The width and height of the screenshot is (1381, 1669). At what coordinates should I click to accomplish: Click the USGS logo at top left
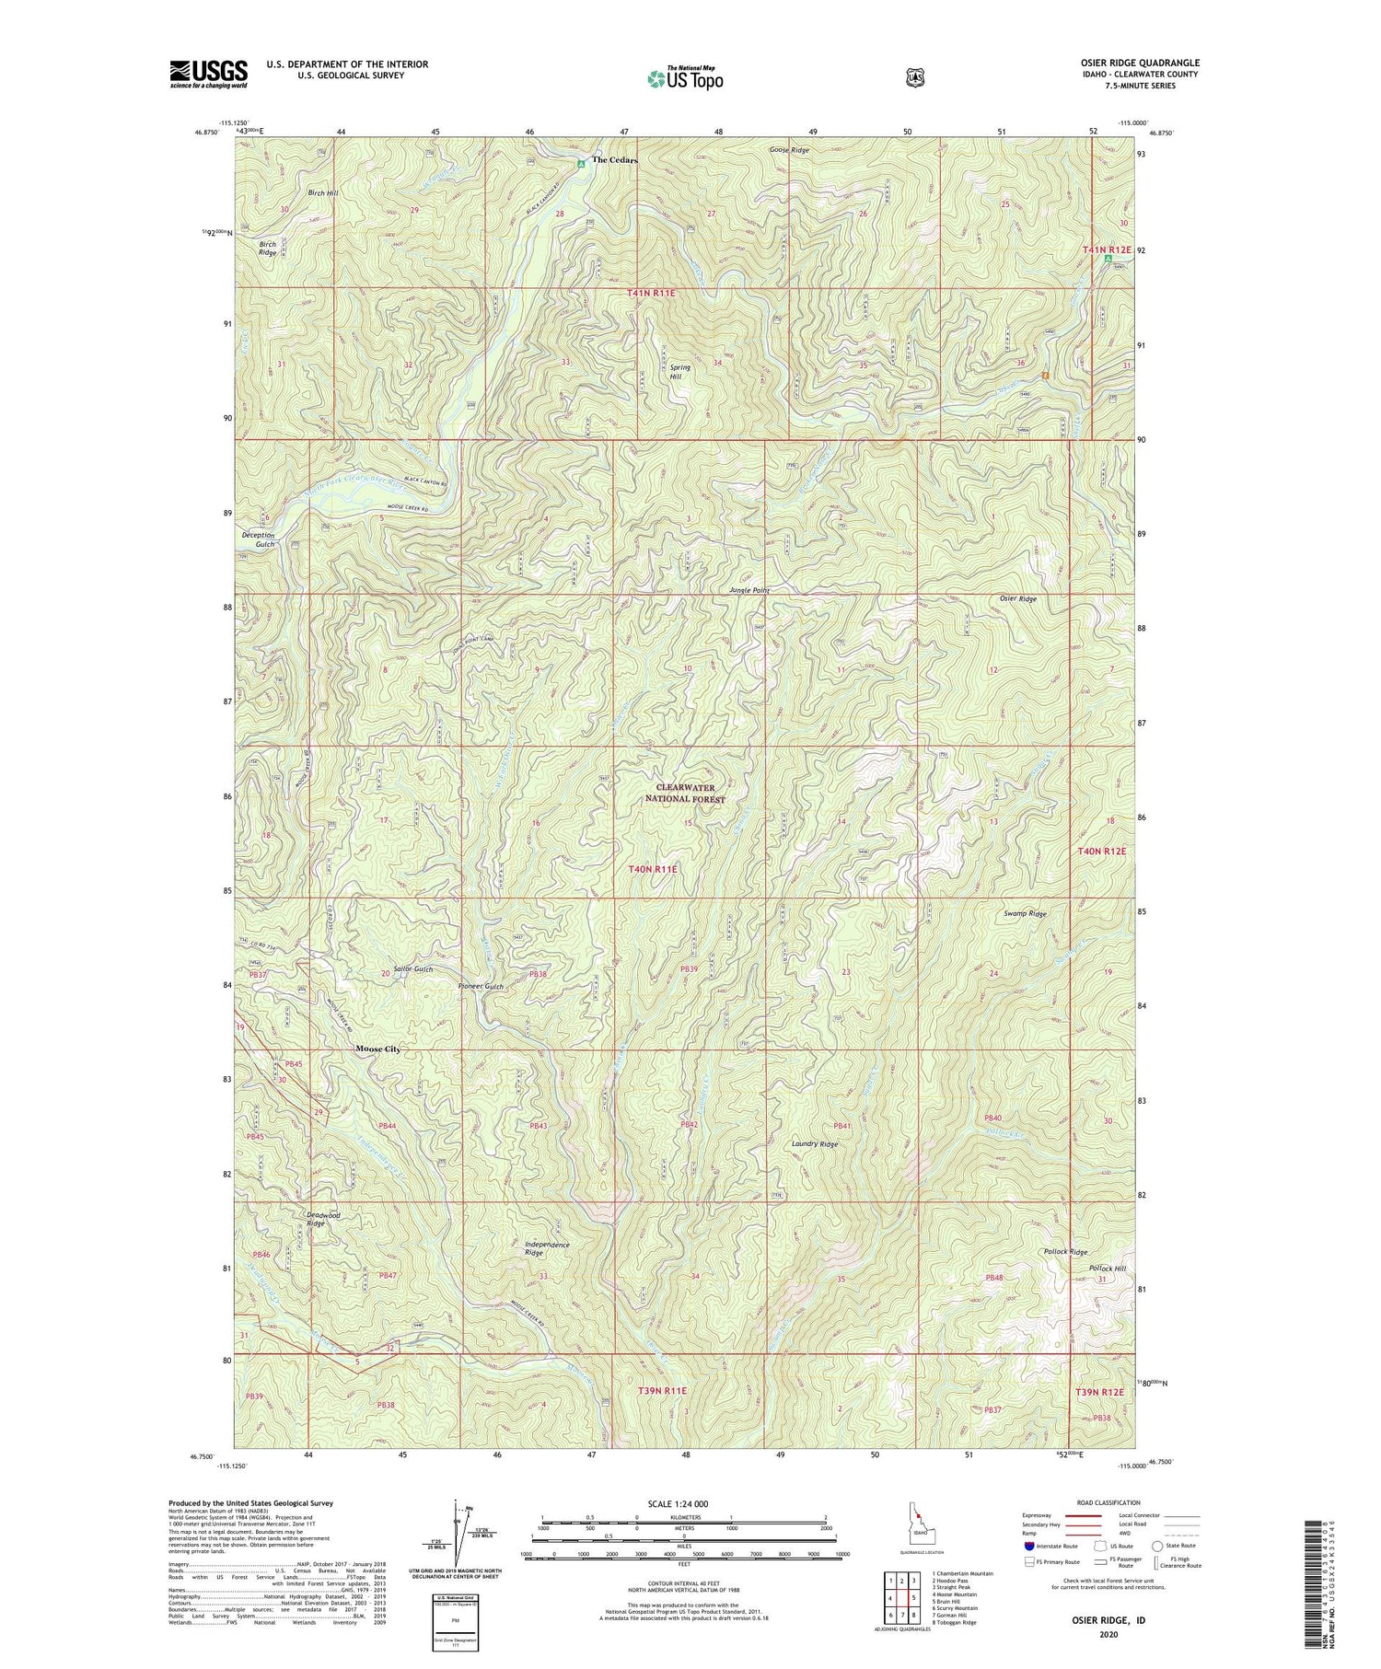[x=208, y=74]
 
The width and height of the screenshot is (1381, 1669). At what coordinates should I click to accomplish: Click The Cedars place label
[x=614, y=160]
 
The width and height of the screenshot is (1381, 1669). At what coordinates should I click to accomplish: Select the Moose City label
[x=377, y=1049]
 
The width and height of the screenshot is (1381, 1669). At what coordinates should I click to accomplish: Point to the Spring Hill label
[x=679, y=372]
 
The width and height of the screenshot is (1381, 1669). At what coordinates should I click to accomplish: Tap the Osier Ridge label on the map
[x=1017, y=598]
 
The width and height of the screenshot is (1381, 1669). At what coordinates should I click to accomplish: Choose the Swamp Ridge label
[x=1025, y=914]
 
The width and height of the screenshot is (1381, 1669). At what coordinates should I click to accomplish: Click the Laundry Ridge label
[x=815, y=1144]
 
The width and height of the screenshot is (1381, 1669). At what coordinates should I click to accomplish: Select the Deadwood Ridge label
[x=322, y=1219]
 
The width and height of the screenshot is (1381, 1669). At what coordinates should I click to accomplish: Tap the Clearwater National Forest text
[x=685, y=794]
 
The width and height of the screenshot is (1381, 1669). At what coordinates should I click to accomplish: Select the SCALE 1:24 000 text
[x=683, y=1503]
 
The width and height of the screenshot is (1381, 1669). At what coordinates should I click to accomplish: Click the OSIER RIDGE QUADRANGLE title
[x=1142, y=63]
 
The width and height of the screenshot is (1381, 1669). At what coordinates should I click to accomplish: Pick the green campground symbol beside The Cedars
[x=580, y=164]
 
